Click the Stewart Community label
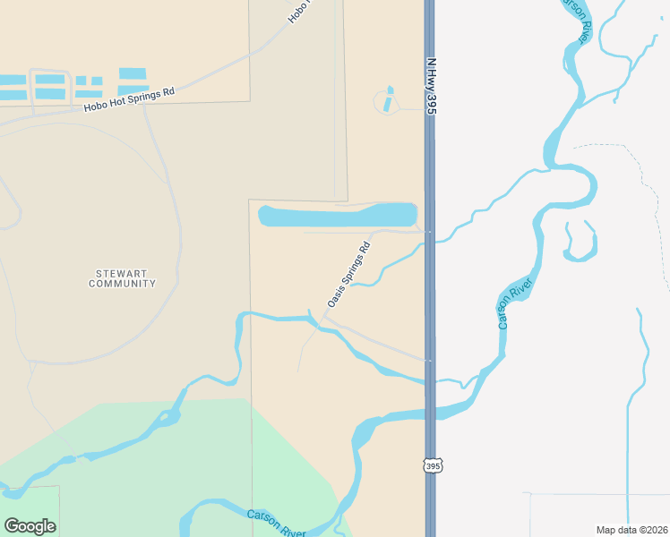(122, 277)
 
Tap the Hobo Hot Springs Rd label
(128, 99)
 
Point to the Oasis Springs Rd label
(348, 275)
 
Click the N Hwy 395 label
(431, 87)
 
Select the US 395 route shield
(433, 466)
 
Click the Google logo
(30, 525)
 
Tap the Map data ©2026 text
(631, 530)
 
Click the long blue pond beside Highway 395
(338, 216)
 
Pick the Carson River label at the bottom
(277, 522)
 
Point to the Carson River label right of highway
(516, 303)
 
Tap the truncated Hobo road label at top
(298, 12)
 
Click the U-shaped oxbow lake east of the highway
(580, 243)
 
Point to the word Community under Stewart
(122, 284)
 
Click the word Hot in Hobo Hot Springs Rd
(118, 101)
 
